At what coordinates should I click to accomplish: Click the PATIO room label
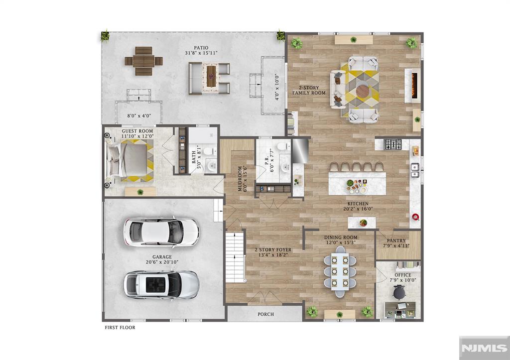(201, 48)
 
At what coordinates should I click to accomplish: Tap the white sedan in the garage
(161, 232)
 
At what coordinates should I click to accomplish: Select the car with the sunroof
(161, 284)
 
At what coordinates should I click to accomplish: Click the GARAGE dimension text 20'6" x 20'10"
(162, 262)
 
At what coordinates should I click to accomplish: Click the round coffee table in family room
(363, 91)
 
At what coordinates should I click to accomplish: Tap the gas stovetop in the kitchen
(392, 144)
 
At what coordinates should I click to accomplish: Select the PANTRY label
(396, 240)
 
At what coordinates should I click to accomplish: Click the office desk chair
(399, 292)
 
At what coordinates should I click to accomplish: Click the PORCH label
(266, 315)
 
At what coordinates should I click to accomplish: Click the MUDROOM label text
(240, 179)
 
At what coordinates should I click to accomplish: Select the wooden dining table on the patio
(143, 61)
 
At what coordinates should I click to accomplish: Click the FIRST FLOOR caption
(120, 328)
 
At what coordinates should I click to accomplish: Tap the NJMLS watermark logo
(484, 348)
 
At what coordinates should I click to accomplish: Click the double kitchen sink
(415, 170)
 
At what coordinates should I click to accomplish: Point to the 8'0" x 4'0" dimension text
(139, 116)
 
